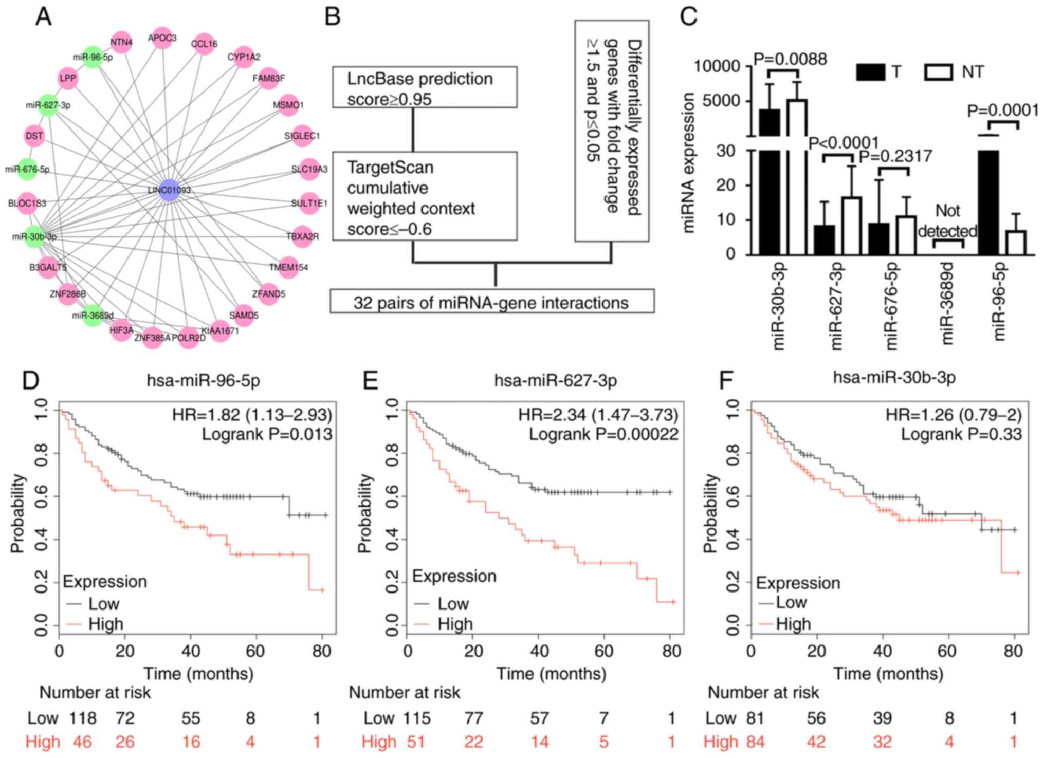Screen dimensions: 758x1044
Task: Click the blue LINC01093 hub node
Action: tap(169, 190)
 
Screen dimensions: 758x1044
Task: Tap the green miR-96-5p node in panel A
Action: tap(93, 57)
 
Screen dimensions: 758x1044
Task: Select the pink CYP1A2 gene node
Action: tap(244, 57)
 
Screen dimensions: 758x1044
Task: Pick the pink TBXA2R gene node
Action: tap(302, 236)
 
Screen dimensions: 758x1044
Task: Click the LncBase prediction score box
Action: tap(424, 87)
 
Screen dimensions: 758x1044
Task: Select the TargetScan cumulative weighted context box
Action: tap(424, 196)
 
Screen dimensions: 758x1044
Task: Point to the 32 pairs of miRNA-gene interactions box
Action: tap(491, 302)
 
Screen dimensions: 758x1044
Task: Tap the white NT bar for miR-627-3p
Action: tap(852, 226)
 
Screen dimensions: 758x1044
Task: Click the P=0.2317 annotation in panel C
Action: tap(895, 156)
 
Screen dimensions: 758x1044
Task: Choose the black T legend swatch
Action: tap(870, 72)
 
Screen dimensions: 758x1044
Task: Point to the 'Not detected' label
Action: tap(947, 221)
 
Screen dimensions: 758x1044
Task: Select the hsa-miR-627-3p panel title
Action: tap(555, 381)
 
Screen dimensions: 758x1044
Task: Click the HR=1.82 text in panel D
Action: tap(252, 415)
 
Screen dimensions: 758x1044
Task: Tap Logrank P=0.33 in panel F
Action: tap(961, 434)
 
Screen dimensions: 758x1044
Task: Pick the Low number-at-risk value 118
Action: tap(83, 718)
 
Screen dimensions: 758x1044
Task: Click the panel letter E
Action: tap(370, 381)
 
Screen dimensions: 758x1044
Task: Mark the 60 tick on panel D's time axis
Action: tap(255, 651)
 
